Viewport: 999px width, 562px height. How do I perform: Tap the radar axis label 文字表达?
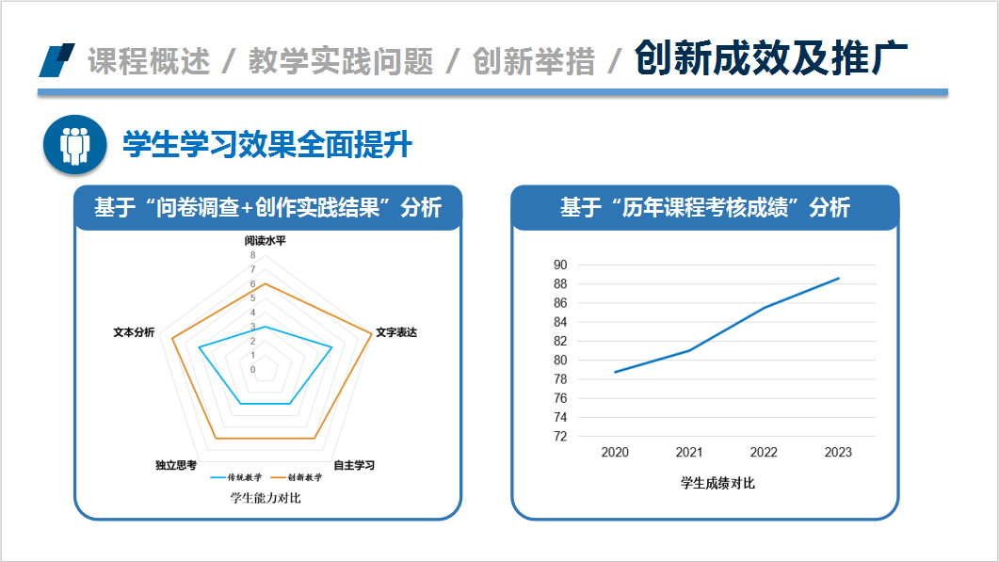click(395, 332)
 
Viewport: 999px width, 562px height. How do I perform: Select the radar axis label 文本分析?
click(134, 332)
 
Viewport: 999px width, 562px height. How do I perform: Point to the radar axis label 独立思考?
click(176, 465)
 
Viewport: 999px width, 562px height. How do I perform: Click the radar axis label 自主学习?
click(354, 465)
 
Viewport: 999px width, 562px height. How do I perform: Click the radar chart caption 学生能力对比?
click(265, 497)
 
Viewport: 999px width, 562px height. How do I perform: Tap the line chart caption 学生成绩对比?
click(717, 483)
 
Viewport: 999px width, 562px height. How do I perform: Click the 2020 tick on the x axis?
click(615, 453)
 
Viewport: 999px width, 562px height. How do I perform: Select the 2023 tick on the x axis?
click(838, 453)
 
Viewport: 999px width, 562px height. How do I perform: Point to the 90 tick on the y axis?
click(560, 265)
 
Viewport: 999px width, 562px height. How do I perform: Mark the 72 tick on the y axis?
click(560, 437)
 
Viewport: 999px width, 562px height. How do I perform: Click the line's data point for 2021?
click(689, 350)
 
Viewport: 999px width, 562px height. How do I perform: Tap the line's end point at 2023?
click(838, 278)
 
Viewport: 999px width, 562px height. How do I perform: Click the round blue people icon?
click(73, 145)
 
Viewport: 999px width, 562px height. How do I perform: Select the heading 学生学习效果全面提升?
click(267, 145)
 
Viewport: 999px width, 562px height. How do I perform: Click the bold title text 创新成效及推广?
click(770, 58)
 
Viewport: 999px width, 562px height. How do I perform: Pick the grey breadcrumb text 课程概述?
click(149, 61)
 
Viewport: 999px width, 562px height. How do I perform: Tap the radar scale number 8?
click(252, 255)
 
